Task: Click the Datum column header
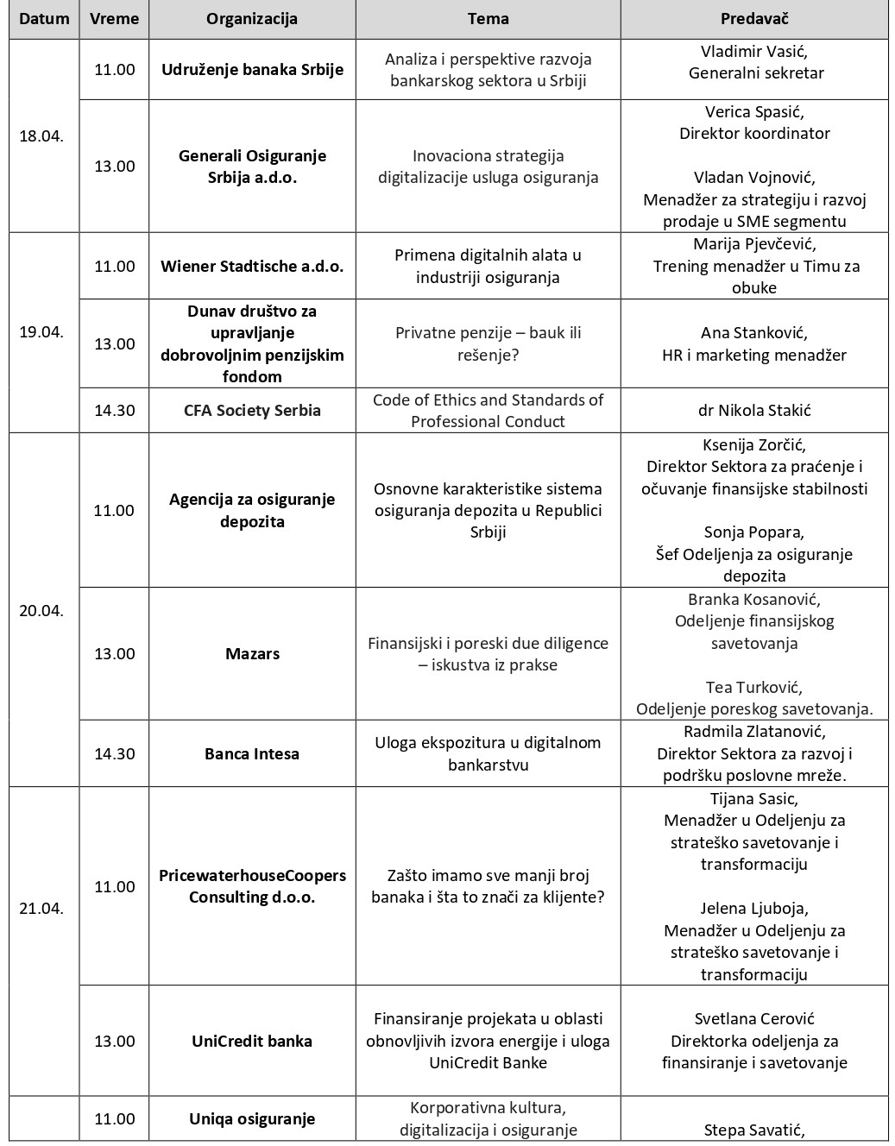tap(44, 19)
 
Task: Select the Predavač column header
tap(753, 19)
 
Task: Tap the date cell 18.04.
tap(41, 136)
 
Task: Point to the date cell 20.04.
tap(41, 610)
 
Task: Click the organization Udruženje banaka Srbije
tap(252, 70)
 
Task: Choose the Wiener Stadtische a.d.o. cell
tap(252, 266)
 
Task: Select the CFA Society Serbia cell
tap(252, 411)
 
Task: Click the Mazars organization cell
tap(252, 654)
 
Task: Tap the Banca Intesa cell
tap(252, 754)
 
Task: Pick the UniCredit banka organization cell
tap(252, 1041)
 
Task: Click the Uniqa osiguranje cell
tap(252, 1119)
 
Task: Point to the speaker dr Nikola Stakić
tap(753, 411)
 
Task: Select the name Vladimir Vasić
tap(753, 51)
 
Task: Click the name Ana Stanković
tap(753, 332)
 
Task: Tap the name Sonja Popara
tap(753, 532)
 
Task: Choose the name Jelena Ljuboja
tap(753, 908)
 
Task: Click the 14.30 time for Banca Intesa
tap(115, 754)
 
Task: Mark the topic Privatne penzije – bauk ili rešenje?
tap(488, 343)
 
